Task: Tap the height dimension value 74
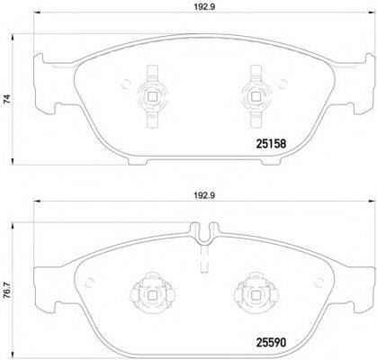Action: tap(9, 102)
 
